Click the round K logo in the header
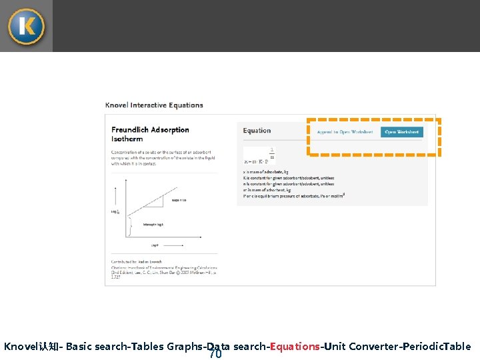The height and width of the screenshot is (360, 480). pyautogui.click(x=26, y=26)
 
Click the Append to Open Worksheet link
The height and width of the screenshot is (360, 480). pyautogui.click(x=345, y=132)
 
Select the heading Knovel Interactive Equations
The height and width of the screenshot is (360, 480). pyautogui.click(x=154, y=105)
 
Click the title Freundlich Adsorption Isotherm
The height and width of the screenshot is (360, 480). pyautogui.click(x=150, y=134)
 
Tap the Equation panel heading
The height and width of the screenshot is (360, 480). pyautogui.click(x=257, y=131)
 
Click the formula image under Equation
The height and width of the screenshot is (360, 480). pyautogui.click(x=260, y=156)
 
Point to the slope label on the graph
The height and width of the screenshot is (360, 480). pyautogui.click(x=179, y=199)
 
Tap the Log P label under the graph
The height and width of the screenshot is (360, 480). pyautogui.click(x=154, y=245)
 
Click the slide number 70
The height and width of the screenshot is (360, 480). pyautogui.click(x=215, y=354)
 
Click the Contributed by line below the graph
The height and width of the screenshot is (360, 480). pyautogui.click(x=137, y=262)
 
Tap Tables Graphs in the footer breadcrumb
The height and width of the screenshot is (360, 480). pyautogui.click(x=166, y=347)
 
